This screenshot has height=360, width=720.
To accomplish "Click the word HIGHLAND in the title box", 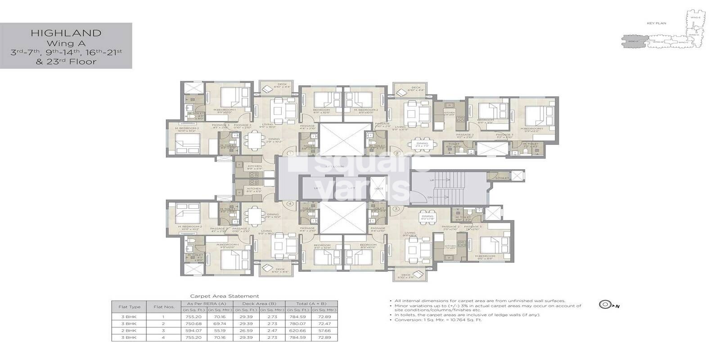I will (66, 33).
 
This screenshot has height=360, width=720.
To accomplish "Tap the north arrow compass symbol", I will (604, 305).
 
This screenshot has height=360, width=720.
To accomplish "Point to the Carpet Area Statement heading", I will (224, 296).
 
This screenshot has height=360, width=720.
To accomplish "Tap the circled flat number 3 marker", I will (396, 209).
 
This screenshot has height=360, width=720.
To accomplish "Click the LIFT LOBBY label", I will (336, 166).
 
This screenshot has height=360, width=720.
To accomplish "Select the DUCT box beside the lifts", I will (379, 188).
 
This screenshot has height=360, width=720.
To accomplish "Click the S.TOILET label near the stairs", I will (502, 178).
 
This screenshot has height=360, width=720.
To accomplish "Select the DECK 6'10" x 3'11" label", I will (405, 276).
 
